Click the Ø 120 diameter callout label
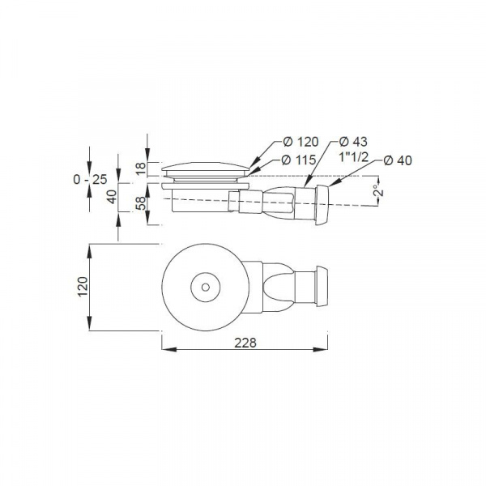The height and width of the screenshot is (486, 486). [x=301, y=142]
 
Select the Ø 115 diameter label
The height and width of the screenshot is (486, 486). [x=299, y=160]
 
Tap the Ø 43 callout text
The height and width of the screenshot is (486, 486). [x=353, y=141]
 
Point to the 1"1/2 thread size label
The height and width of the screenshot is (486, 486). [x=353, y=157]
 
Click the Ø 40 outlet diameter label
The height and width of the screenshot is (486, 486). [x=398, y=160]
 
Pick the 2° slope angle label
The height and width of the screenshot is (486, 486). [x=379, y=190]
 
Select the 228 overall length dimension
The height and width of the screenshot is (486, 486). [x=245, y=343]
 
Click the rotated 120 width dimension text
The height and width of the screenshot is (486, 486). [x=83, y=287]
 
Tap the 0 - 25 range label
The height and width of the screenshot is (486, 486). [x=90, y=179]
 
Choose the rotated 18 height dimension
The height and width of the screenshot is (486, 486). [x=141, y=168]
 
